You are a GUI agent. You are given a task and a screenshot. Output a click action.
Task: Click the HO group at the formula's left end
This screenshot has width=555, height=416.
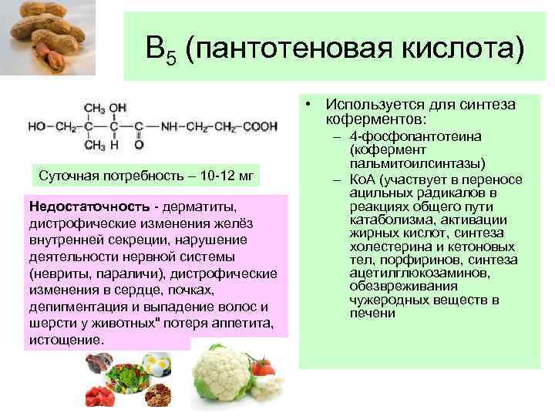37,125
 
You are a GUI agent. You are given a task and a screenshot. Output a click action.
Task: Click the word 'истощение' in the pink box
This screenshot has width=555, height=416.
64,340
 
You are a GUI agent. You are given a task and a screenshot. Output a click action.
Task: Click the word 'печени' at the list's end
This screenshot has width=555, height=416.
372,313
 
